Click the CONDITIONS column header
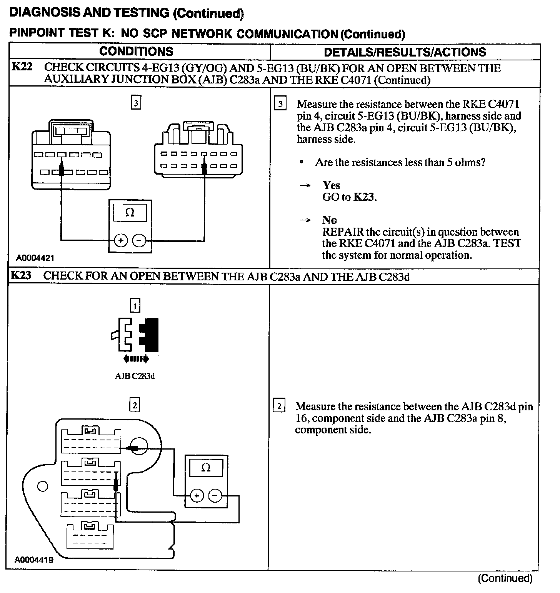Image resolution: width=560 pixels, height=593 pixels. pos(136,52)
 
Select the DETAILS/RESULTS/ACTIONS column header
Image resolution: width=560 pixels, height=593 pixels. pos(405,52)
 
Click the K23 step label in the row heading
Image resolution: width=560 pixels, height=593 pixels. pos(21,275)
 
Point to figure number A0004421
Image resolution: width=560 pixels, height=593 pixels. pos(35,258)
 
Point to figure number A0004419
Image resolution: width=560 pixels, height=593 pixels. pos(34,560)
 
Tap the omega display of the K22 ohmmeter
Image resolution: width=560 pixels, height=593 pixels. pos(130,213)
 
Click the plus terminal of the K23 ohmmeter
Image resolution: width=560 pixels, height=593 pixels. pos(197,495)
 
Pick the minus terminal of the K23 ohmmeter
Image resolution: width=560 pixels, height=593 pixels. pos(215,495)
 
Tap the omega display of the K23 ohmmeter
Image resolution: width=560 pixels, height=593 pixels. pos(206,468)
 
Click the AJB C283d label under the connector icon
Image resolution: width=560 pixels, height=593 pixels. pos(135,376)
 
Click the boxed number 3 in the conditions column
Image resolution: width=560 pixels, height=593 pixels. pos(136,103)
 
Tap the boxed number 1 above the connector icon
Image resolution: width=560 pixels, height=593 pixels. pos(135,306)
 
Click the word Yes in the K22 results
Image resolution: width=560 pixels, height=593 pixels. pos(331,185)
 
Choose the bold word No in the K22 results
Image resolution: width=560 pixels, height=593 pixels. pos(330,220)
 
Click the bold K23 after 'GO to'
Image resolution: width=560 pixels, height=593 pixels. pos(363,197)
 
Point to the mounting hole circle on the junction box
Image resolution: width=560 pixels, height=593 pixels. pos(43,486)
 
